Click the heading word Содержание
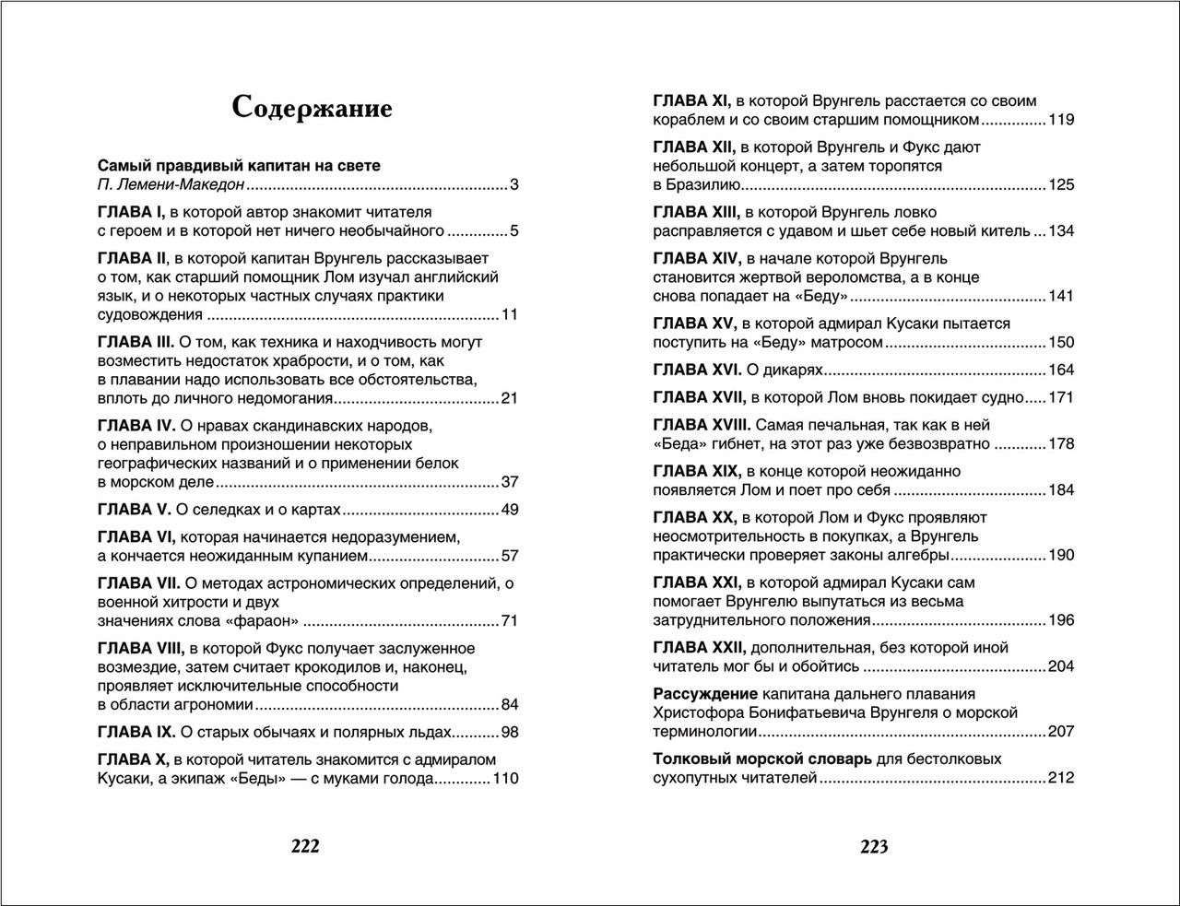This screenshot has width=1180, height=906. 313,108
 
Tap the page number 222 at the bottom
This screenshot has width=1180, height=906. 305,845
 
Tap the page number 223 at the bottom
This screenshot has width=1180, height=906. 874,845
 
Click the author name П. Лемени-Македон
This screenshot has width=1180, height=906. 171,184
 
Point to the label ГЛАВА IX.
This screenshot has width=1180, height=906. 136,733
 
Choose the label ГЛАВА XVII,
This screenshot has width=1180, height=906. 700,397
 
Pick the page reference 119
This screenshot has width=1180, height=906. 1061,120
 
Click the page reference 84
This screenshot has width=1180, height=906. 510,705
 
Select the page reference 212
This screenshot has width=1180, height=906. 1061,778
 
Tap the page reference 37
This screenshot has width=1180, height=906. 510,482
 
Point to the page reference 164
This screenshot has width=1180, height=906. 1061,370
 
